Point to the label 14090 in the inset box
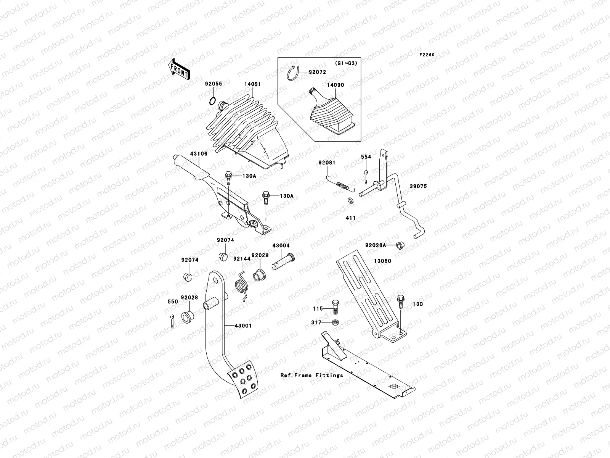click(335, 85)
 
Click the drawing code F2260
click(427, 55)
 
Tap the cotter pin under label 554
click(366, 174)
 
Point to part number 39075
click(418, 186)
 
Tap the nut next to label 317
click(335, 323)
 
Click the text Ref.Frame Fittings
click(311, 375)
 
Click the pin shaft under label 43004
click(282, 263)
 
